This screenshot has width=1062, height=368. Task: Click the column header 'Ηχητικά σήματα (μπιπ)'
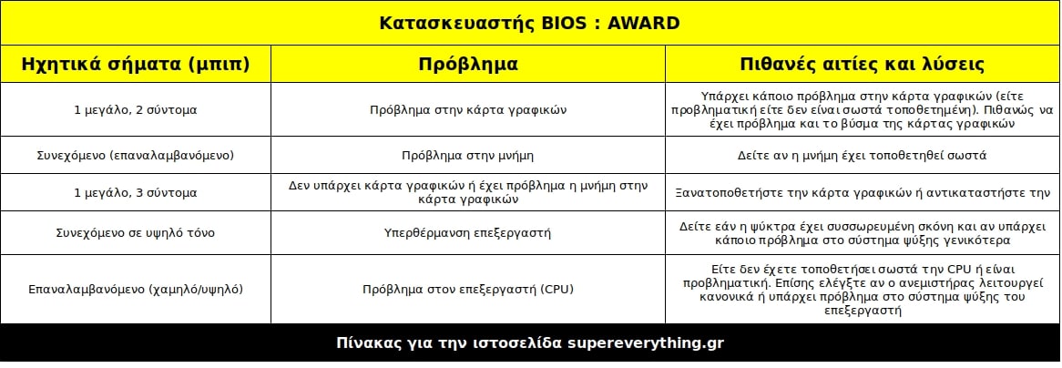point(136,64)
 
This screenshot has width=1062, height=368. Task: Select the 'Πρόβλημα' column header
point(468,64)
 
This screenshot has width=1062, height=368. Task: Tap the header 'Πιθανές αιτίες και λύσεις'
point(863,64)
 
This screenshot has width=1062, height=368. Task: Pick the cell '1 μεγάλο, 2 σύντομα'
point(136,109)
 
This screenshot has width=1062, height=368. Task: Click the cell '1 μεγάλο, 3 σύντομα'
point(136,192)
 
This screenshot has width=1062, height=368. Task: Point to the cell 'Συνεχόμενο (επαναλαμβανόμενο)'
point(136,155)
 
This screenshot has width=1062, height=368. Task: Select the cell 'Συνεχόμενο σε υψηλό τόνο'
point(136,233)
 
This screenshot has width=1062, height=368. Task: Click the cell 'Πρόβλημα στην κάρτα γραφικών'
point(468,109)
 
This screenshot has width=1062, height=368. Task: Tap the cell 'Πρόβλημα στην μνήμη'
point(468,155)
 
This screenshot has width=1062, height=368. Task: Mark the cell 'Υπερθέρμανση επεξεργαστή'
point(468,233)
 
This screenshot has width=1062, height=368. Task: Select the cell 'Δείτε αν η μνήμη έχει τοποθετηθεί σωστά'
point(863,155)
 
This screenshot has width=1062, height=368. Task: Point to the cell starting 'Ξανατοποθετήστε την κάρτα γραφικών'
point(863,192)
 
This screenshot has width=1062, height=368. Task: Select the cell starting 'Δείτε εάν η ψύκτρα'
point(863,233)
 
